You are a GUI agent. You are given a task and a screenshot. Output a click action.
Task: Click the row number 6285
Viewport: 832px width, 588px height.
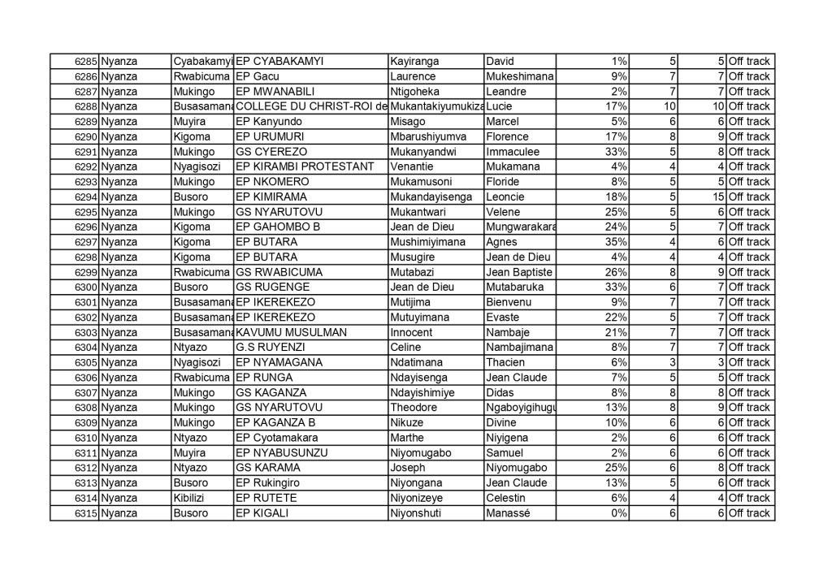point(85,62)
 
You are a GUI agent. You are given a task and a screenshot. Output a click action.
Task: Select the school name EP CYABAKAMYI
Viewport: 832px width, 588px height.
point(278,62)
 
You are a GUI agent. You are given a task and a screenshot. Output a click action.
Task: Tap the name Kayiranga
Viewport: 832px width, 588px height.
point(414,62)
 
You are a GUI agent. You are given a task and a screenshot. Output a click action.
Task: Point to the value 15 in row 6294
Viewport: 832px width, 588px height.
point(717,197)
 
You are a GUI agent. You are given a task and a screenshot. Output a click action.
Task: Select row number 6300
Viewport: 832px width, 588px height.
point(85,288)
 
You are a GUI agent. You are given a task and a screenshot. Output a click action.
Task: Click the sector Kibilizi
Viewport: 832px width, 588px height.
point(191,498)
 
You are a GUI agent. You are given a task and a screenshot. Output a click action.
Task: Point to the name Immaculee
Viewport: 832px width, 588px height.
point(512,152)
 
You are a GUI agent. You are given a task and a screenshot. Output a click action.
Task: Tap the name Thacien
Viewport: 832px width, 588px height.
point(505,363)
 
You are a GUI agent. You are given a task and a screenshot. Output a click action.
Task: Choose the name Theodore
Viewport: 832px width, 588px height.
point(414,408)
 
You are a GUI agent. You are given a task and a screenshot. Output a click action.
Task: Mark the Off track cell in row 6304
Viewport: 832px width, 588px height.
point(749,348)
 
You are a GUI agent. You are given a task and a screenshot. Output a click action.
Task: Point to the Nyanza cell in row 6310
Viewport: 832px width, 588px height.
point(119,438)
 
